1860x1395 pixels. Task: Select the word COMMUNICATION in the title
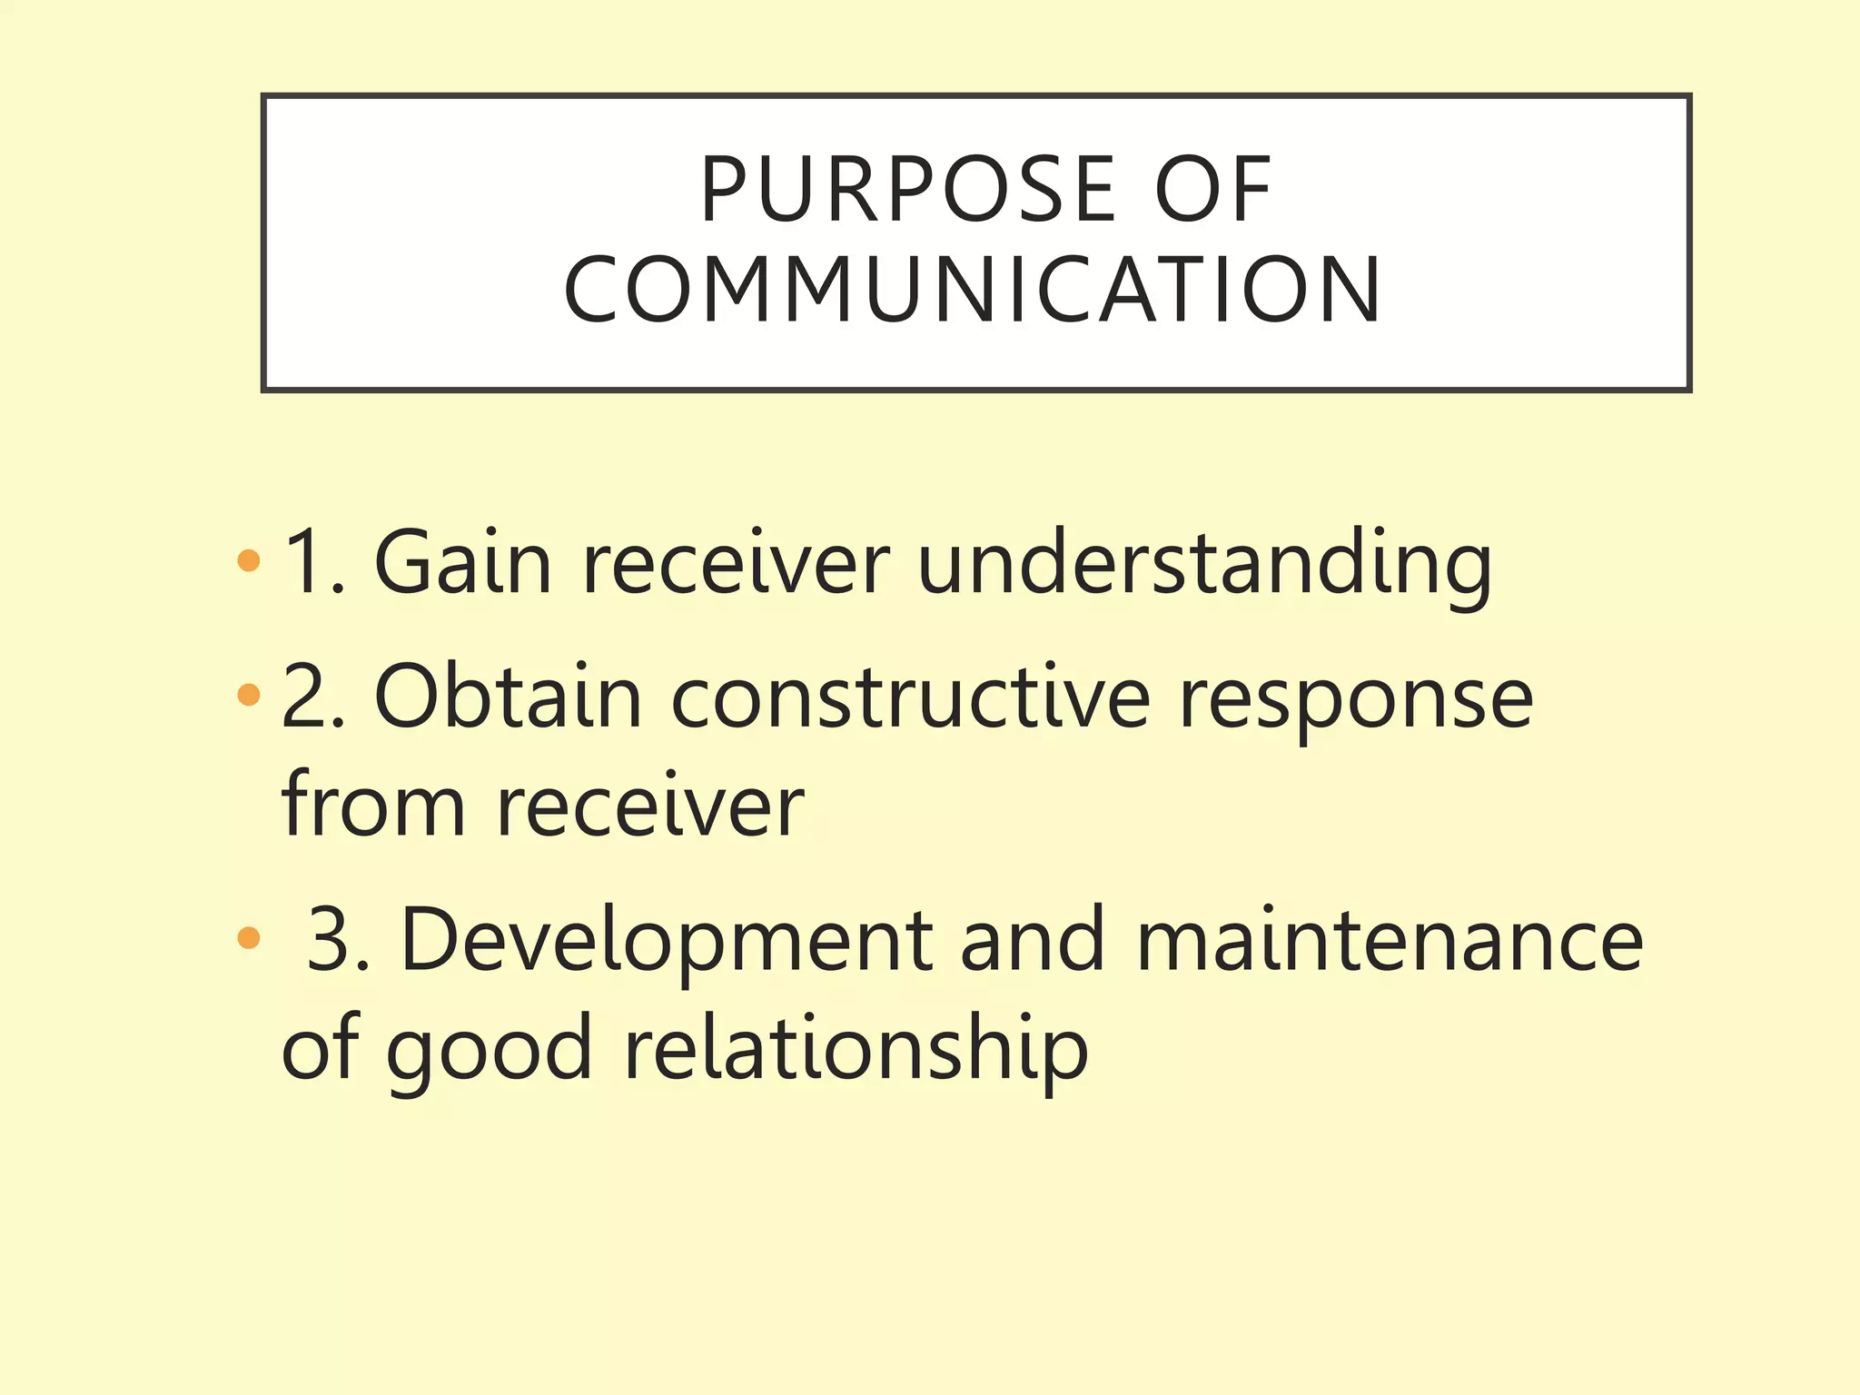point(973,290)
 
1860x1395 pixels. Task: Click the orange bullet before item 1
point(248,560)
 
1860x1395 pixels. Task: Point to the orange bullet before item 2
point(248,696)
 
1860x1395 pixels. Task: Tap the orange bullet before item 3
point(248,937)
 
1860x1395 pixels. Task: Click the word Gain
point(463,563)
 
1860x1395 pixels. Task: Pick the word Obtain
point(508,697)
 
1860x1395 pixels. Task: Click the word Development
point(667,941)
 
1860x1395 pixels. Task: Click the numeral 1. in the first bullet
point(313,563)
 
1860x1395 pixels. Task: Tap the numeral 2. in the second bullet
point(313,697)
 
